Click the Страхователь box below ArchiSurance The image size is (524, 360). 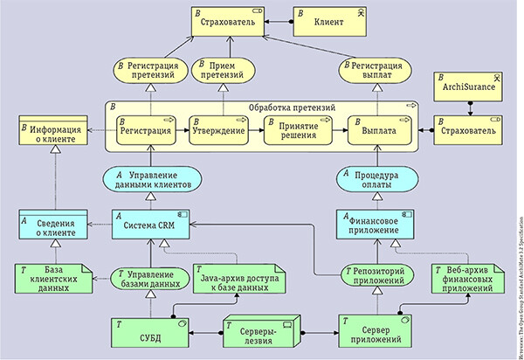click(x=469, y=130)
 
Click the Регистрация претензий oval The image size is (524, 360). click(x=150, y=69)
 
